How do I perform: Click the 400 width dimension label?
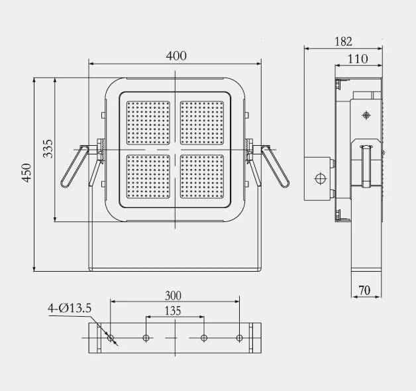click(176, 56)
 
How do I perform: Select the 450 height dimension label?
click(26, 173)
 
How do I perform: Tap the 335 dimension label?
click(48, 150)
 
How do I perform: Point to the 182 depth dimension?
click(343, 41)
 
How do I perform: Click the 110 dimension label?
click(358, 59)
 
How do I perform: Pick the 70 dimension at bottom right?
click(364, 290)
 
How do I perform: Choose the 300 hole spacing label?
click(174, 295)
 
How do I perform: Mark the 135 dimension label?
click(173, 310)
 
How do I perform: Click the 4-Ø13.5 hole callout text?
click(70, 307)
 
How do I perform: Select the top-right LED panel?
click(202, 123)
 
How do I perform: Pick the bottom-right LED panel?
click(202, 176)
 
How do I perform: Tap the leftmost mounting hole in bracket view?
click(111, 338)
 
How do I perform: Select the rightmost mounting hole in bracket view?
click(240, 338)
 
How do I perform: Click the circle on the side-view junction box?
click(320, 178)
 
